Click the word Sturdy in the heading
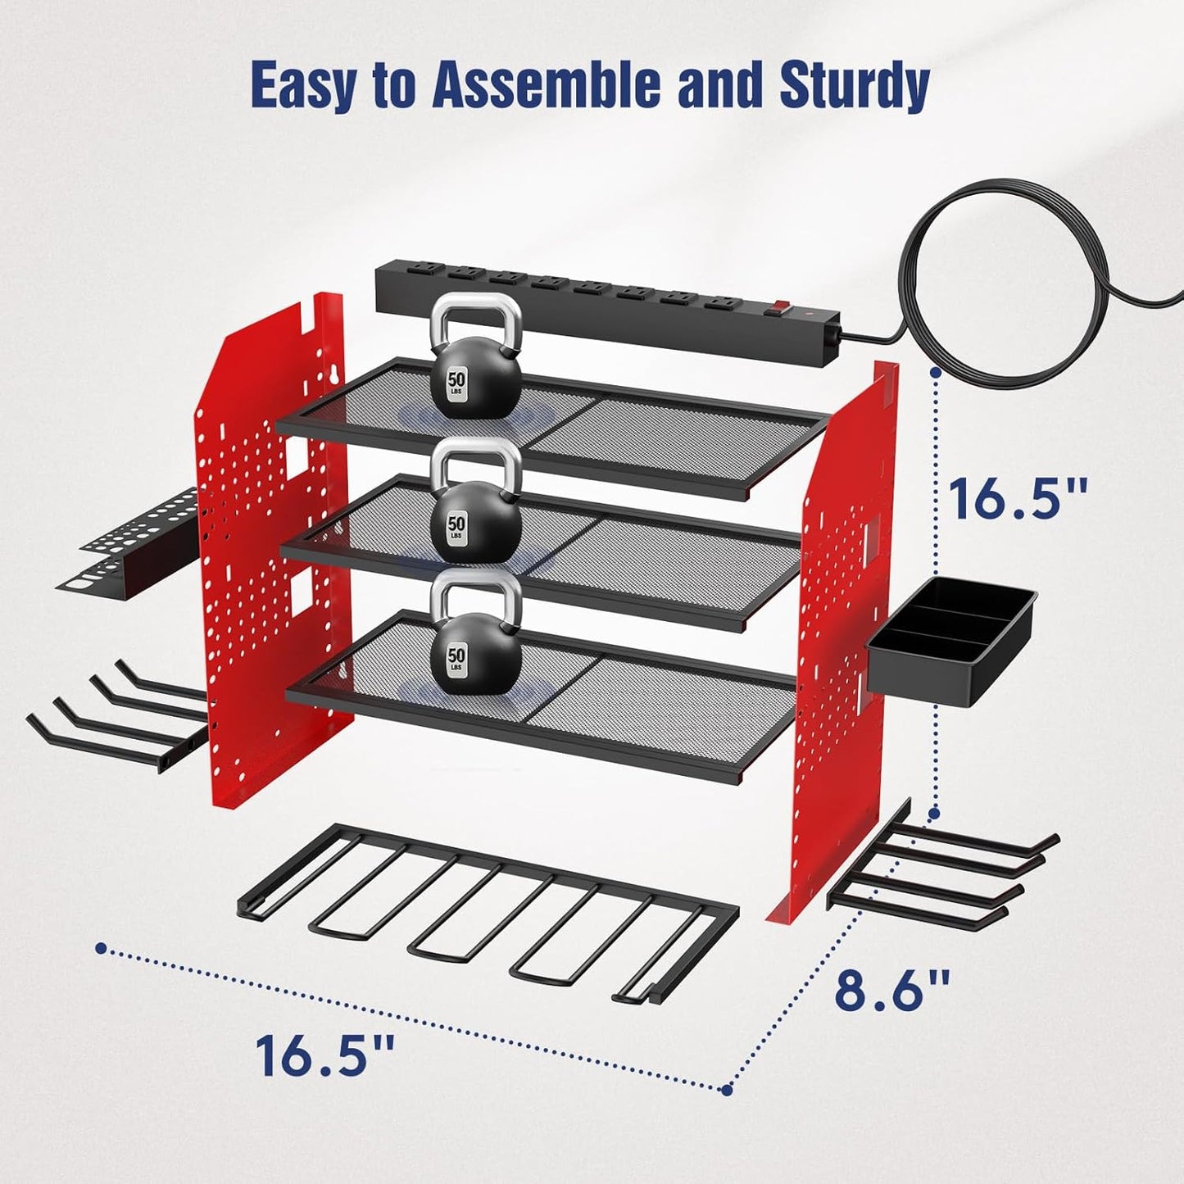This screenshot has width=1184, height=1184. tap(854, 84)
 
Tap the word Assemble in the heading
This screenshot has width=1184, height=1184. tap(546, 84)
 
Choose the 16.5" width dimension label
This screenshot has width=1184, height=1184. tap(325, 1055)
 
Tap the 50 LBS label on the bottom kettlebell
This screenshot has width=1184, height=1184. tap(456, 660)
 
